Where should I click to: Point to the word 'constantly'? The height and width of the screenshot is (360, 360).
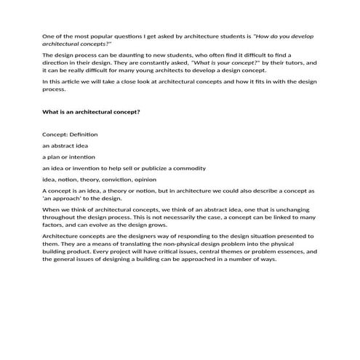(x=151, y=63)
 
